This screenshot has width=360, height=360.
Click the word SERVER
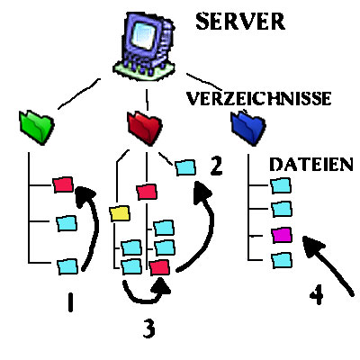(x=240, y=22)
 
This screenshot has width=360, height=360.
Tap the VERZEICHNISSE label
(x=259, y=98)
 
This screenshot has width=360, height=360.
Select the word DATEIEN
(x=311, y=164)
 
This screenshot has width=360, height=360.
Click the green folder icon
(x=36, y=127)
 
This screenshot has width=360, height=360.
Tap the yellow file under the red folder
(x=120, y=213)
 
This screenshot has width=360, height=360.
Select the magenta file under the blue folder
(x=282, y=235)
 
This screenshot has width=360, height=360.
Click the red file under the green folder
(x=63, y=184)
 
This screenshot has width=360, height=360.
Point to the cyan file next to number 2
(x=185, y=167)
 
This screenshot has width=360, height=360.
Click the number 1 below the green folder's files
(x=70, y=302)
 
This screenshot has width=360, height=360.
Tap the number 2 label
(x=216, y=166)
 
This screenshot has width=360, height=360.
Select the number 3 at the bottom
(x=149, y=328)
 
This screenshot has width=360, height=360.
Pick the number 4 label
(x=317, y=294)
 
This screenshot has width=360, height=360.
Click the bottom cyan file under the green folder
(x=67, y=266)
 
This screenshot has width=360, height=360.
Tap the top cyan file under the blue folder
(x=281, y=186)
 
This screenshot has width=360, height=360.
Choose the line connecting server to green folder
(x=78, y=94)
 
